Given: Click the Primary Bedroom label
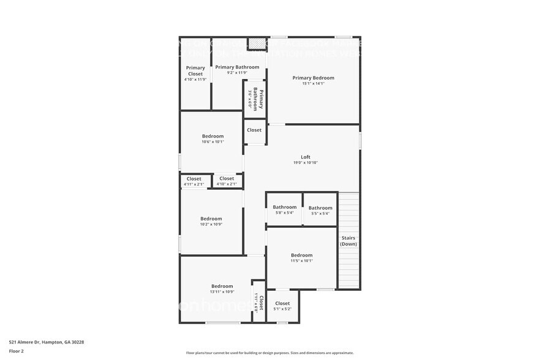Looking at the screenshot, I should pos(313,78).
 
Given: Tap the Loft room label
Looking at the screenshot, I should pos(306,157).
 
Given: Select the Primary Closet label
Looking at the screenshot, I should pos(195,71).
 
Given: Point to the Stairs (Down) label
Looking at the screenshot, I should pos(349,241).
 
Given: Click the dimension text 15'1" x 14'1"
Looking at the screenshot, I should pos(313,84).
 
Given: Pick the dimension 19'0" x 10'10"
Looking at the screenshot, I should pos(306,163).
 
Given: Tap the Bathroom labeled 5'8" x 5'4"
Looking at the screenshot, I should pos(285,208).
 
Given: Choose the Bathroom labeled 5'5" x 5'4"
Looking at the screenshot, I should pos(320,208).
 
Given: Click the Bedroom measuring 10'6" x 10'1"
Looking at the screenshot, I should pos(212,136).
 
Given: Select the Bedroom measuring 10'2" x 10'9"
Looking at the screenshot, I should pos(211,219).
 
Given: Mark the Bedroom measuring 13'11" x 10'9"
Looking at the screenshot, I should pos(222,286).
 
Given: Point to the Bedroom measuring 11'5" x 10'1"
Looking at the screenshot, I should pos(301,255).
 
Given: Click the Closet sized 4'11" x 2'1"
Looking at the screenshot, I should pos(193,179).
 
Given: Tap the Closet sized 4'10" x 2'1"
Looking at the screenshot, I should pos(227,179).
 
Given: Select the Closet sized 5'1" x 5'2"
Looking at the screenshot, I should pos(282,304).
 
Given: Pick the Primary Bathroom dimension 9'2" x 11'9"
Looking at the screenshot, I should pos(237,73).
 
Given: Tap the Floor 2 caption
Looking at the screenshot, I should pos(17,351).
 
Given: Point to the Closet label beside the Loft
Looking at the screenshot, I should pos(254,130).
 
